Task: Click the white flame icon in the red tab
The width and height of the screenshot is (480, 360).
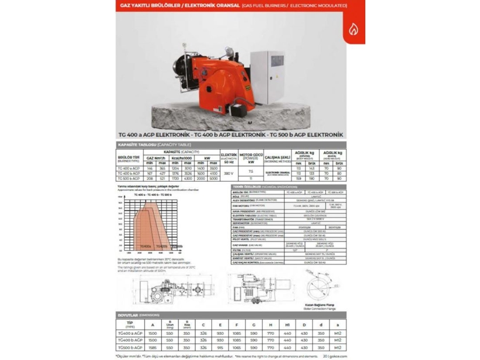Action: coord(353,29)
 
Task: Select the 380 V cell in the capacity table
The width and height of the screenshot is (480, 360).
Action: coord(228,173)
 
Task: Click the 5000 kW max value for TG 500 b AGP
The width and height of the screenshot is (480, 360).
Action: coord(213,178)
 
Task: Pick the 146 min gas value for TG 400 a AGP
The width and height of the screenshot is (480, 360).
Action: coord(150,168)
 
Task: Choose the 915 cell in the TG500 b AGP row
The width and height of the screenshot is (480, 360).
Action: coord(220,347)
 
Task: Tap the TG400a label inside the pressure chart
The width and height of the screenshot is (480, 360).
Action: coord(145,246)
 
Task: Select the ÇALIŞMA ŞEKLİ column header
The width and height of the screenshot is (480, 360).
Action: coord(277,157)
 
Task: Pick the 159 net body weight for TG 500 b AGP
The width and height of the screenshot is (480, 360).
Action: coord(299,178)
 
